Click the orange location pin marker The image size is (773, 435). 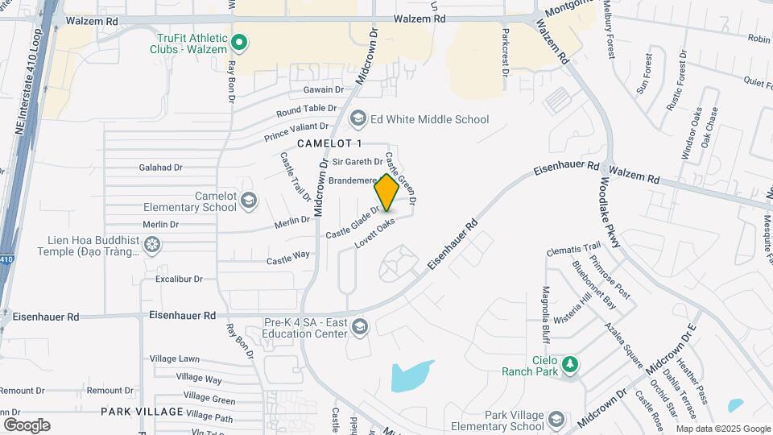(386, 193)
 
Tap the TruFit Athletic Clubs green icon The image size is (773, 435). (238, 41)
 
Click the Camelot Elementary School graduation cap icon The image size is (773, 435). (249, 199)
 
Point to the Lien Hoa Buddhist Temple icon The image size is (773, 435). (151, 243)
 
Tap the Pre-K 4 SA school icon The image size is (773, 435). (358, 326)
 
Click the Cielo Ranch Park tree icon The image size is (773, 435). (569, 364)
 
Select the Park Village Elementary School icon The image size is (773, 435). (556, 420)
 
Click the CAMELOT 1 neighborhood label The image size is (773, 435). (330, 143)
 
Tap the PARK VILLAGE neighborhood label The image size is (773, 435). (142, 412)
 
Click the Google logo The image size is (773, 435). (27, 425)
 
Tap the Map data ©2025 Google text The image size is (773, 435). (722, 429)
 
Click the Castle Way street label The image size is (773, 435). (288, 257)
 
